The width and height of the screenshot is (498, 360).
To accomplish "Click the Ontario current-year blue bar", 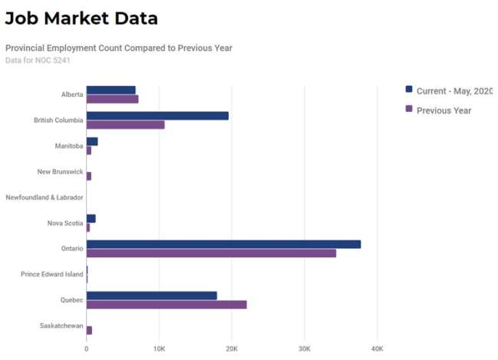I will point(223,244).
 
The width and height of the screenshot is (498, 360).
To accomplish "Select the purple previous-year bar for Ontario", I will point(211,253).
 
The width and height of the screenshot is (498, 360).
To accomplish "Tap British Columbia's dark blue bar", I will point(157,116).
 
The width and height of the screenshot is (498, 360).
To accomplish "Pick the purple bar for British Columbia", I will point(125,124).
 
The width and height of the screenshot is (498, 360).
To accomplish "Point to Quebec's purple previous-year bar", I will point(167,305).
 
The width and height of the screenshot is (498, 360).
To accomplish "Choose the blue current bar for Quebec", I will point(151,296).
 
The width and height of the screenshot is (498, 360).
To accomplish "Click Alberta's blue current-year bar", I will point(110,90).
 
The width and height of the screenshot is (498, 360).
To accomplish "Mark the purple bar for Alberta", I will point(112,99).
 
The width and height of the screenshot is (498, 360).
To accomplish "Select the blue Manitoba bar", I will point(92,141).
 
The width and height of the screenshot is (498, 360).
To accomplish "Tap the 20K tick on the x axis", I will point(232,348).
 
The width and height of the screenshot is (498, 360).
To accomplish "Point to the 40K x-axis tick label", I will point(377,348).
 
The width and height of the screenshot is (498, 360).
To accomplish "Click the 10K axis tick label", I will point(159,348).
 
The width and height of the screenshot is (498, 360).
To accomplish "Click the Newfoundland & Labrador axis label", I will point(45,197).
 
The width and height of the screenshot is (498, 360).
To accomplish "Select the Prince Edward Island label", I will point(51,274).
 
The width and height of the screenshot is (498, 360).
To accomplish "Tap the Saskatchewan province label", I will point(61,325).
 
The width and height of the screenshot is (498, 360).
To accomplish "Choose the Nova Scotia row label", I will point(64,223).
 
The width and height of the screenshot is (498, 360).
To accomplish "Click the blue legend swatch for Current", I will point(409,90).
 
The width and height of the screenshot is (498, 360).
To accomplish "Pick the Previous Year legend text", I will point(444,111).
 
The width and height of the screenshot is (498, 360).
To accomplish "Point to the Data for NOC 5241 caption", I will point(38,60).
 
